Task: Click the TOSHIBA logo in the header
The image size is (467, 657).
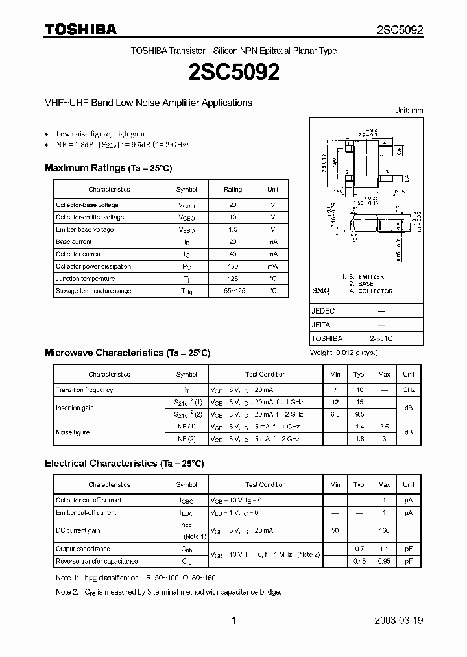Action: (x=80, y=29)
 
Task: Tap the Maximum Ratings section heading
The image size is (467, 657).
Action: (x=108, y=168)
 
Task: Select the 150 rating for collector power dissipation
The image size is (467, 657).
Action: (x=233, y=267)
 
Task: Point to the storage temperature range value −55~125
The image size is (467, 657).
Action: (x=233, y=291)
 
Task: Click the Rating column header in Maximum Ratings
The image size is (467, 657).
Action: (x=233, y=190)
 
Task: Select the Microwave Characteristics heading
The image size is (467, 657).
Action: (x=127, y=353)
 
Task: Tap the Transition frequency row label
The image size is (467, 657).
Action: (x=84, y=390)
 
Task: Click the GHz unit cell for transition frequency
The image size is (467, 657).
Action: (x=409, y=390)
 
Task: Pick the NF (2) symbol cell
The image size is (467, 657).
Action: (x=186, y=440)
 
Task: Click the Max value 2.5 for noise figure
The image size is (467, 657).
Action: (x=384, y=427)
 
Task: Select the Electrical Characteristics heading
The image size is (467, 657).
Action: (x=124, y=464)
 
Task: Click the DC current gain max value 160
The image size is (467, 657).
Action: (x=384, y=530)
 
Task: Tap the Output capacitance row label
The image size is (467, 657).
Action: (x=83, y=549)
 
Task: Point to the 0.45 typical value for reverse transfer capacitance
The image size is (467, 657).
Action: (x=359, y=562)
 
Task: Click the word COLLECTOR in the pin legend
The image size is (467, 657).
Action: (x=376, y=291)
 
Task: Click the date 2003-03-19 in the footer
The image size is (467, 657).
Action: (x=399, y=621)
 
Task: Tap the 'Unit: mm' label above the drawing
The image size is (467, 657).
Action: (x=409, y=111)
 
